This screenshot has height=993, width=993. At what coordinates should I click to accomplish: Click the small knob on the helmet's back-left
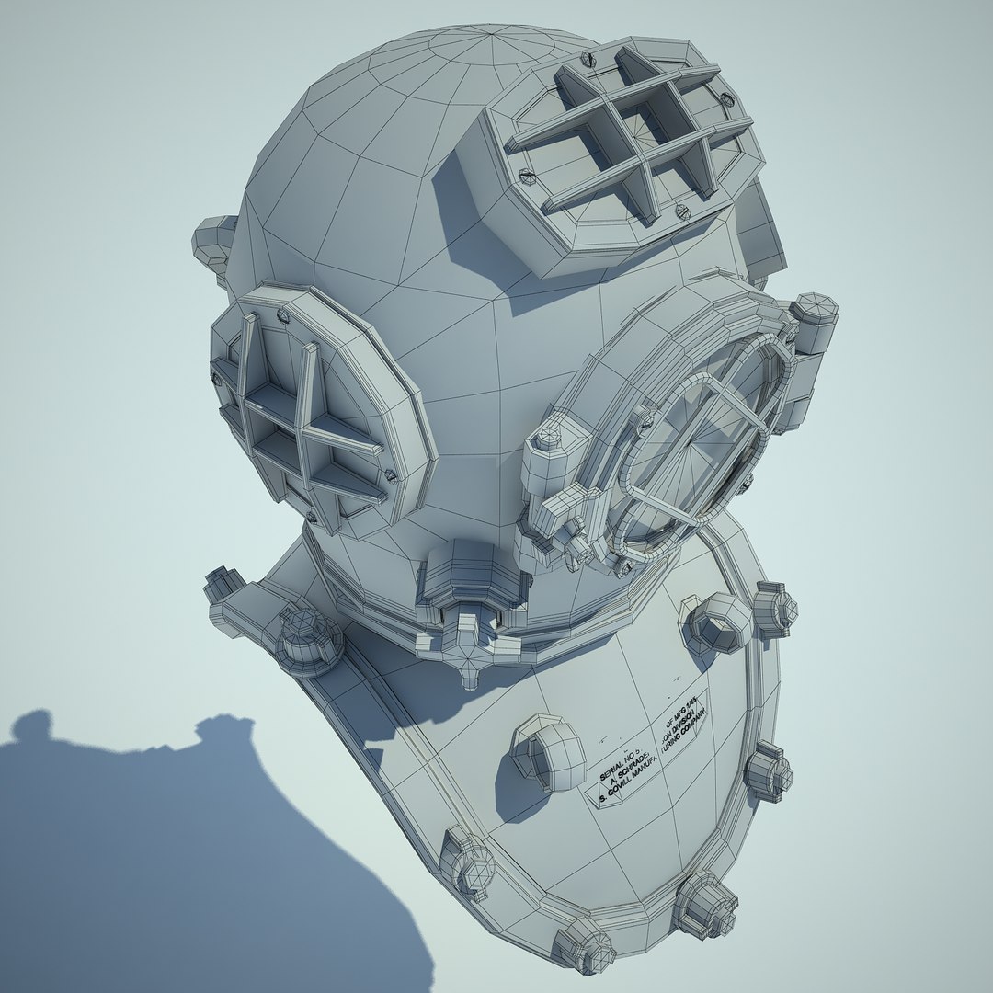[x=213, y=241]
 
